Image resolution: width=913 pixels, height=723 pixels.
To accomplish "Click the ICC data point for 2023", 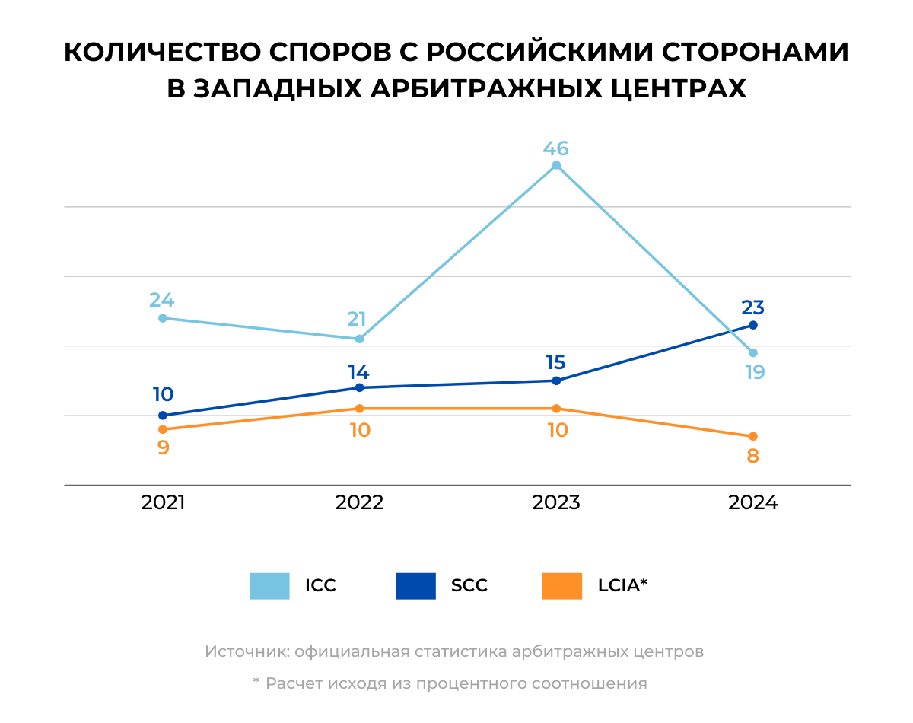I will point(556,165).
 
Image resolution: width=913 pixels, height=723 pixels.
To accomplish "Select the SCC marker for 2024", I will point(753,325).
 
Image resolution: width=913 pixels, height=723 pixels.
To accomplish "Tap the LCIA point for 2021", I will point(163,429).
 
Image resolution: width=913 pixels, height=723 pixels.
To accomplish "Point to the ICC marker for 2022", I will point(359,339).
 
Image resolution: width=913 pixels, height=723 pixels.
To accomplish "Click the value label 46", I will point(556,148).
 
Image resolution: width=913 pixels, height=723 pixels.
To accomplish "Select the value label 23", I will point(753,308).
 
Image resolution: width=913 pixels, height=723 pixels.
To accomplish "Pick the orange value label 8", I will point(753,457).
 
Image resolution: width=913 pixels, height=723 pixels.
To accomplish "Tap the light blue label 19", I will point(754,372).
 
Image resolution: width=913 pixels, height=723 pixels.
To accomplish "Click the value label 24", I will point(162,300).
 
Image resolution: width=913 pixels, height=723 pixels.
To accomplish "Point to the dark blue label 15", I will point(556,363).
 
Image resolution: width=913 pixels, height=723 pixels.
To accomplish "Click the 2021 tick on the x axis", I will point(163,503).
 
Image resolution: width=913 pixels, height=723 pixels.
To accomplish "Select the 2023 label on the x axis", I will point(556,503).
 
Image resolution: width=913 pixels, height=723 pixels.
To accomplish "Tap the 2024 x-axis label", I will point(753,503).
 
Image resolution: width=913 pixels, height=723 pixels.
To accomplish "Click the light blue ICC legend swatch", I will point(269,586).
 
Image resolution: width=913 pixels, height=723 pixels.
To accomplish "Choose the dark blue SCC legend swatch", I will point(415,586).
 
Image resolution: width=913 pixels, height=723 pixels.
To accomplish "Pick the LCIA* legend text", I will point(622,586).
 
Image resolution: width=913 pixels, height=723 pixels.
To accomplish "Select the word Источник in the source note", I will point(247,652).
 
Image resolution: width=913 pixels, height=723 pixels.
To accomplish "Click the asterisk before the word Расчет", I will point(256,682).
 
